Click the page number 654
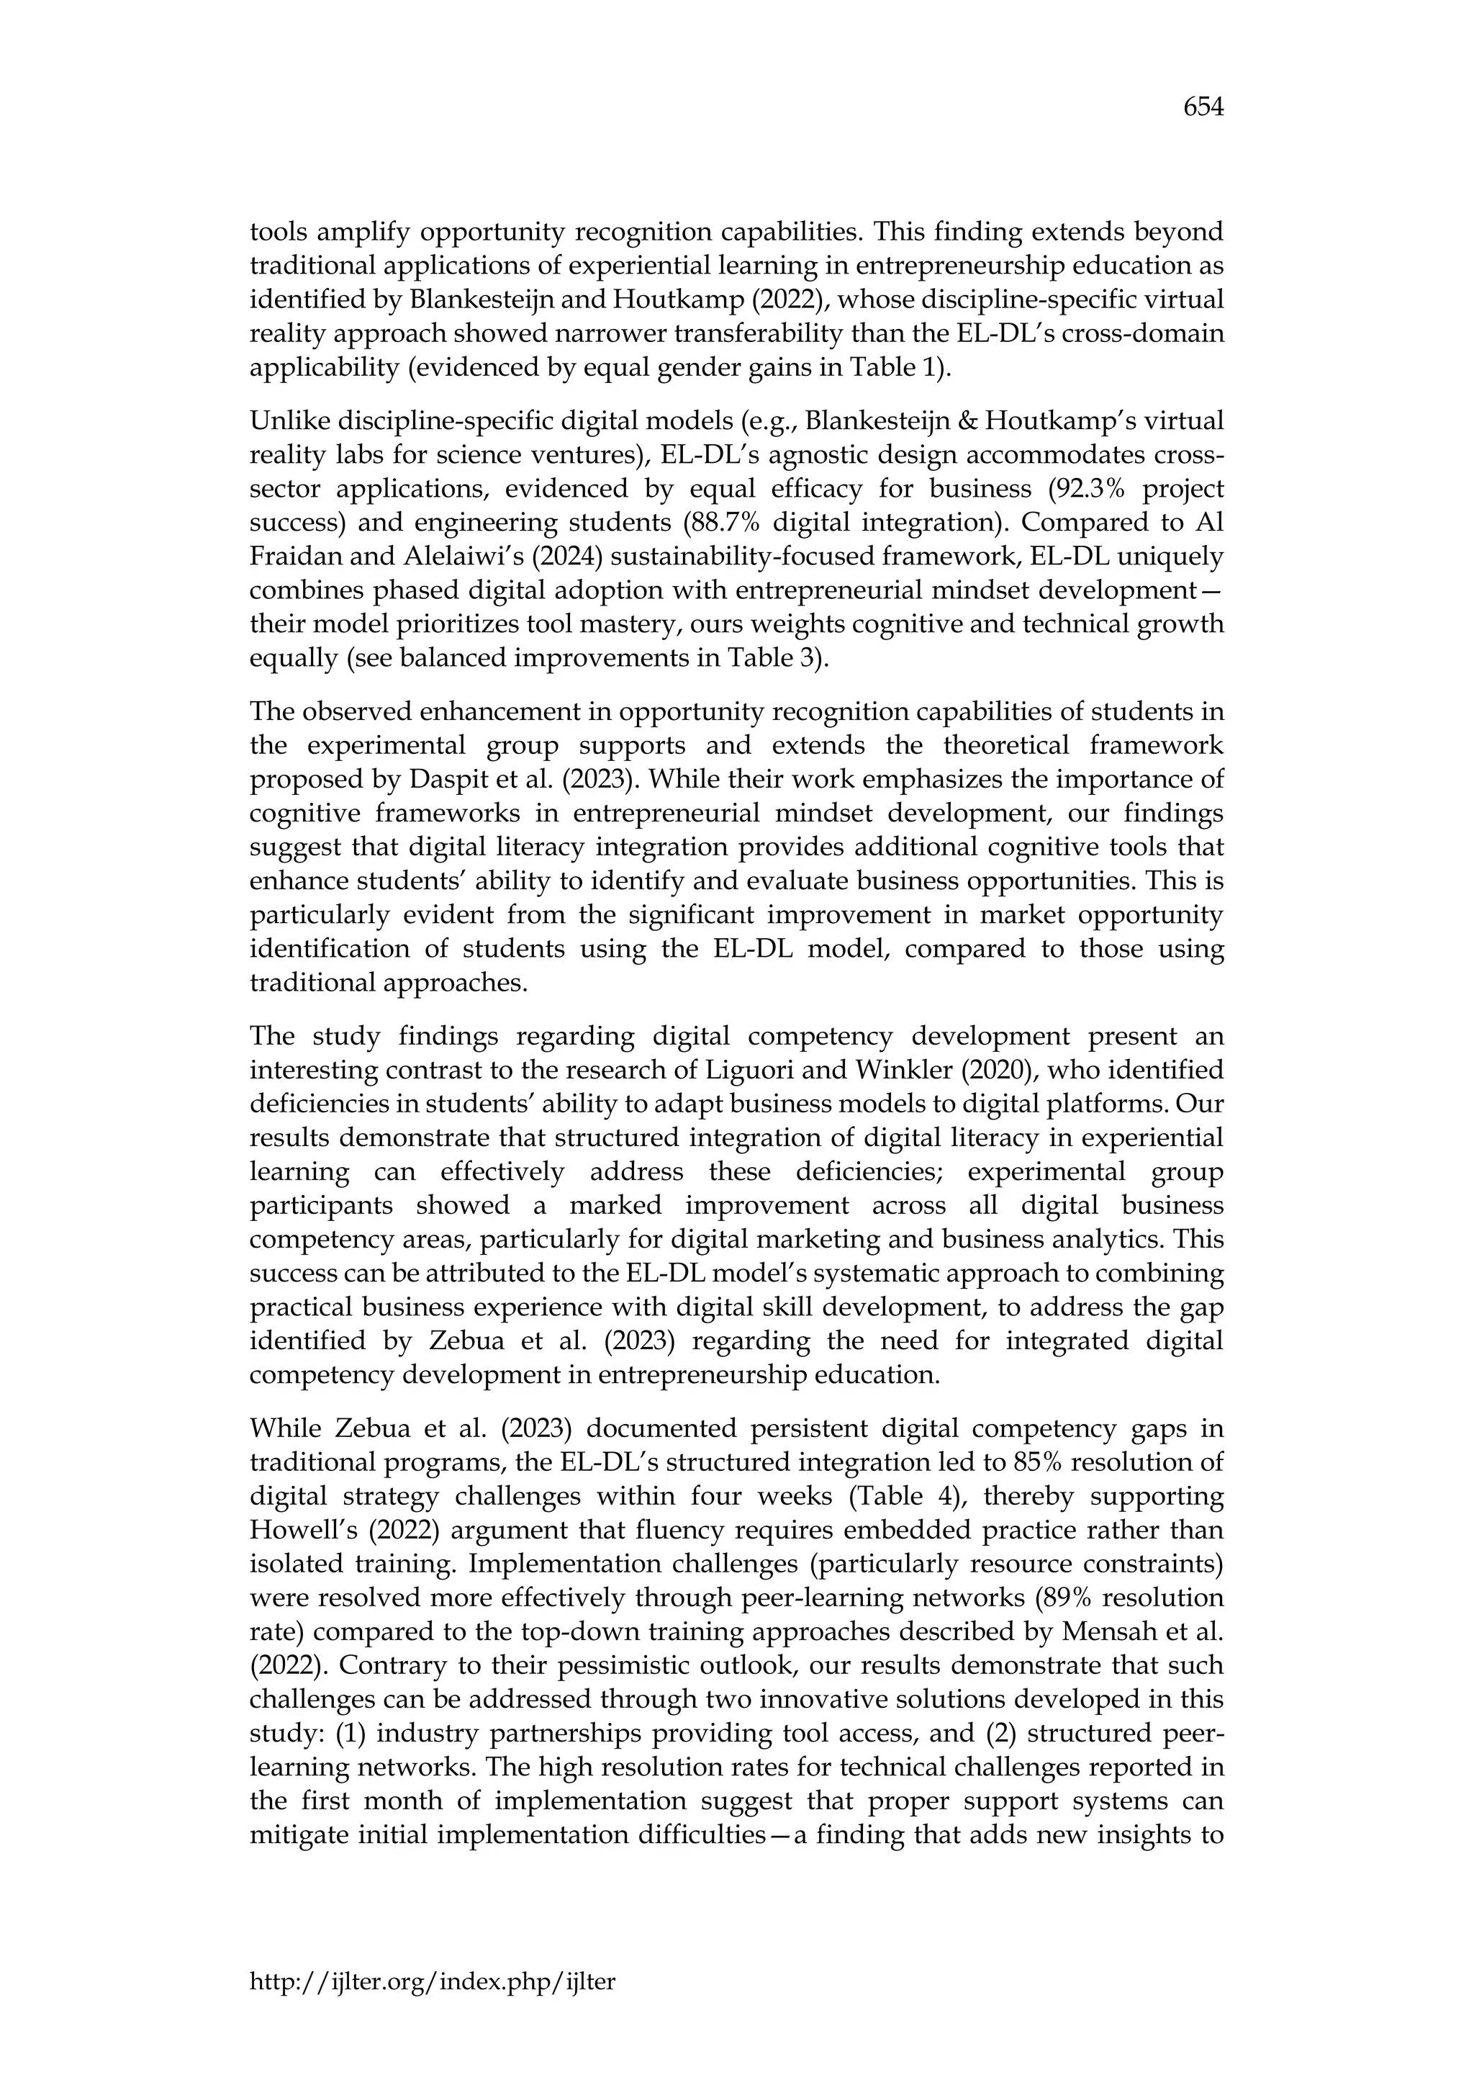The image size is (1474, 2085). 1203,108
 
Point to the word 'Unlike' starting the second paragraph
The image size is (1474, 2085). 289,421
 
